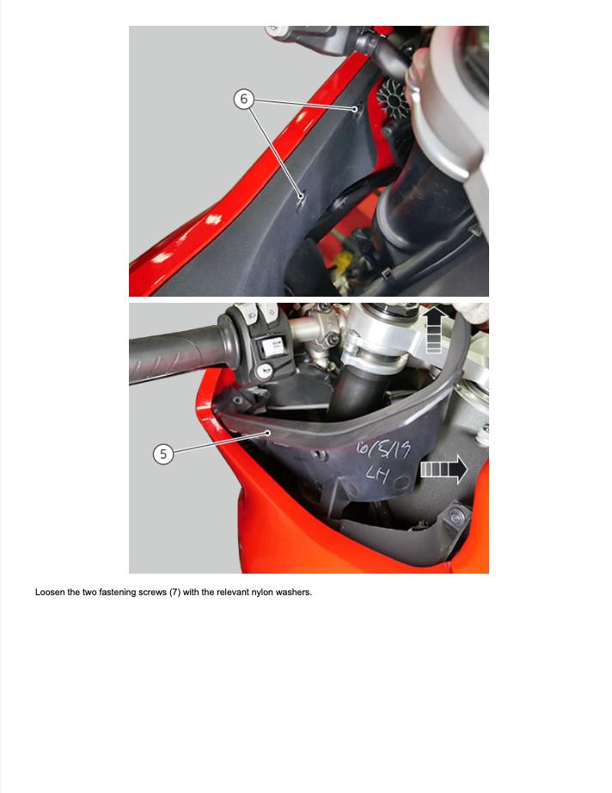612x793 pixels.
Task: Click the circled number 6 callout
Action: click(243, 99)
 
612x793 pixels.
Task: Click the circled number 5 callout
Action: click(162, 453)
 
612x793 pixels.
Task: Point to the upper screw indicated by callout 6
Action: click(355, 108)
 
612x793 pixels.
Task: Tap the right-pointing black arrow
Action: click(444, 469)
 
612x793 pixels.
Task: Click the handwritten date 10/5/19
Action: click(383, 449)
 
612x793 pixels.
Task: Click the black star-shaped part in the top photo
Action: click(393, 99)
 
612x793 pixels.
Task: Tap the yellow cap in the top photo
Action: click(343, 263)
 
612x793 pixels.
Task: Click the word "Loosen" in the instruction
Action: click(50, 593)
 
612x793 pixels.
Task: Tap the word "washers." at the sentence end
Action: click(294, 593)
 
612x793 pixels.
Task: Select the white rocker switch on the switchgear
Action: click(272, 347)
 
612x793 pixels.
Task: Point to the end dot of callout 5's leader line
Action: click(268, 433)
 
